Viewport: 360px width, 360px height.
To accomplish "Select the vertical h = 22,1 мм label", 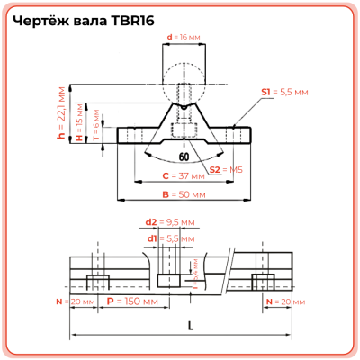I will click(62, 116).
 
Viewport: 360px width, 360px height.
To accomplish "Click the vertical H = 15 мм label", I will click(79, 124).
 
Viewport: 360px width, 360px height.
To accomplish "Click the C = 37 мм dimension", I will click(179, 176).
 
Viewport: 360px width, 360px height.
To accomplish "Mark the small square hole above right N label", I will click(271, 280).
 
